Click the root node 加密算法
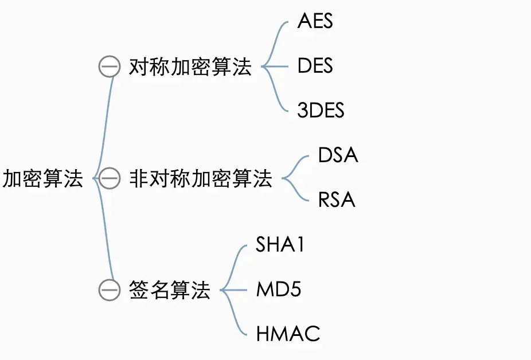pos(43,179)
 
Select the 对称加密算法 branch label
pos(190,68)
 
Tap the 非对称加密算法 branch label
pos(201,179)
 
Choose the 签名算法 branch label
pos(170,290)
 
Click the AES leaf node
pos(315,22)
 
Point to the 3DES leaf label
pos(321,110)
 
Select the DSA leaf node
pos(338,155)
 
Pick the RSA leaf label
pos(337,200)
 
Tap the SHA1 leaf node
pos(280,245)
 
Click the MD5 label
pos(278,289)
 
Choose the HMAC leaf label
pos(288,334)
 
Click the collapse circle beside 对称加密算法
pos(109,68)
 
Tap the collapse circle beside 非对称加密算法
pos(109,179)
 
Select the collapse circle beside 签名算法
pos(109,290)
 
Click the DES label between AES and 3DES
pos(315,66)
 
